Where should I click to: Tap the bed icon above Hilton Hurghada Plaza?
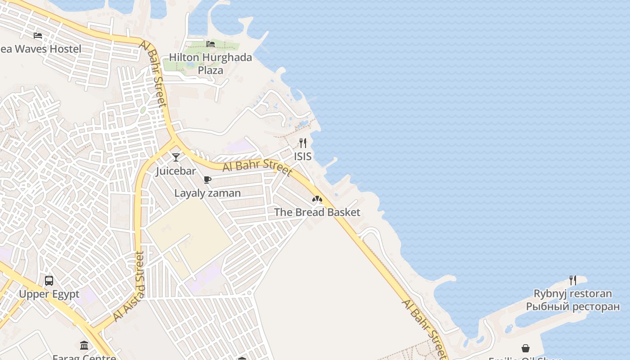210,44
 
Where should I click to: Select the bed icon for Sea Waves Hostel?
38,35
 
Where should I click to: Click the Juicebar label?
176,171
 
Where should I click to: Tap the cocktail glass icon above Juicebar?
176,157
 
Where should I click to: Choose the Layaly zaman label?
207,193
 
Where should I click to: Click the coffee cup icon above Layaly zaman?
207,180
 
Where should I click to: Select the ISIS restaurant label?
303,157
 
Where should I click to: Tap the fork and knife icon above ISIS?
303,143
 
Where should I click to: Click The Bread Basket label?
317,212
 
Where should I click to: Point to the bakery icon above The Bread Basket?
317,198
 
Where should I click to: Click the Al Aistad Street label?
129,286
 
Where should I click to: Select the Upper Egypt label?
49,294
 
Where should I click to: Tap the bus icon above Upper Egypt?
49,281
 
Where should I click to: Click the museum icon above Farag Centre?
84,345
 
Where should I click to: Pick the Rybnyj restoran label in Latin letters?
572,294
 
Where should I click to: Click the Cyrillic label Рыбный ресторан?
572,307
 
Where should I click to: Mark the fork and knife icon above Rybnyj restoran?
572,280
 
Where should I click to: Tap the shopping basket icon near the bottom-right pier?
526,348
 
